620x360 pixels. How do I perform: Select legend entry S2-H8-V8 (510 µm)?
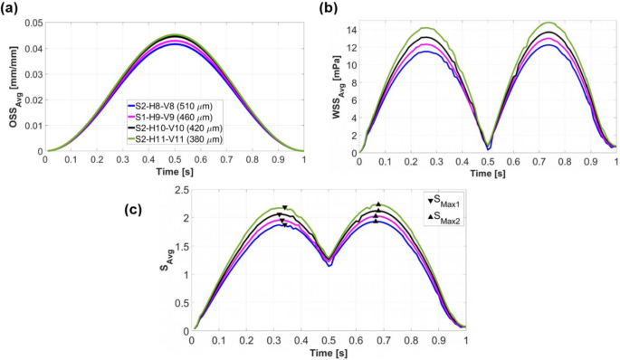point(184,106)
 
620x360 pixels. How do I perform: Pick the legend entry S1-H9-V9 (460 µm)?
point(184,118)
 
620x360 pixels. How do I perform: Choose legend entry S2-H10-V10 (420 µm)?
point(186,129)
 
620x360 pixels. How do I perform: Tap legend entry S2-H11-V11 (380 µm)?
point(186,140)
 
